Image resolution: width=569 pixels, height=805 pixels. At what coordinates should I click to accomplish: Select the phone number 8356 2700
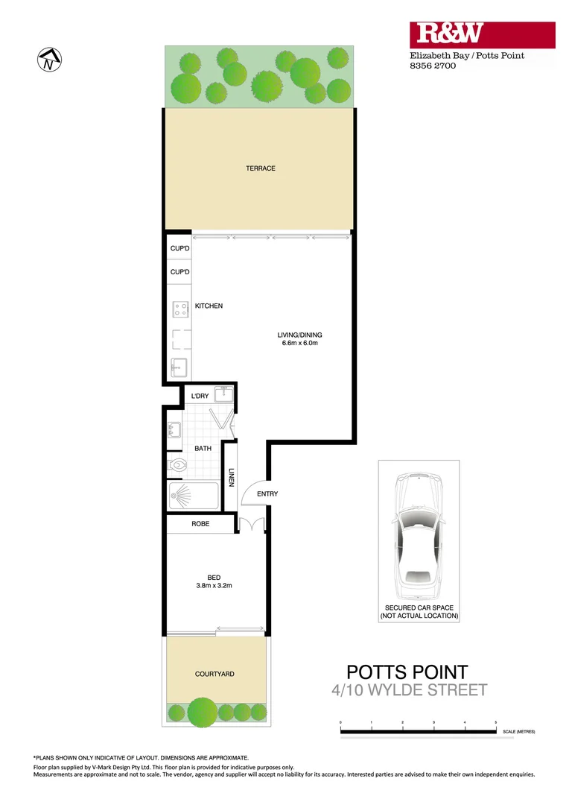click(x=433, y=66)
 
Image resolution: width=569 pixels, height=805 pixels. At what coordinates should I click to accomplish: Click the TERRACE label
click(x=261, y=168)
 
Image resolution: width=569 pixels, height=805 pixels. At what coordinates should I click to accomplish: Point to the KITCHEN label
click(x=209, y=306)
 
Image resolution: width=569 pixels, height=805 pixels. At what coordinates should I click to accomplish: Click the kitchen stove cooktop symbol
click(x=179, y=309)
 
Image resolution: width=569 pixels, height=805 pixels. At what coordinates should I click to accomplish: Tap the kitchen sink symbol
click(x=179, y=366)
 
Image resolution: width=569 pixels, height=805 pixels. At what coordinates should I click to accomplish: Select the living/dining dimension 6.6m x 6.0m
click(x=299, y=344)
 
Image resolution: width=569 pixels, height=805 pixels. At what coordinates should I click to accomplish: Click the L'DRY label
click(x=200, y=396)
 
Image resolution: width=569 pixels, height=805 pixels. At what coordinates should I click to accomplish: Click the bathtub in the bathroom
click(x=193, y=496)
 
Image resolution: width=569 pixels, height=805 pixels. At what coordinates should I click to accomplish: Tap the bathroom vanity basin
click(x=174, y=431)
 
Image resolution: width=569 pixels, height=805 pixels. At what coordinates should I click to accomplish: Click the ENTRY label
click(x=267, y=494)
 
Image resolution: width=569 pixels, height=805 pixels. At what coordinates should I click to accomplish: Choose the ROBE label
click(x=200, y=524)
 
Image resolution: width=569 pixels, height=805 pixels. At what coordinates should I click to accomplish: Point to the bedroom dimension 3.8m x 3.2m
click(x=214, y=585)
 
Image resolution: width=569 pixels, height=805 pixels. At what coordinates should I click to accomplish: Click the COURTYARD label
click(x=214, y=674)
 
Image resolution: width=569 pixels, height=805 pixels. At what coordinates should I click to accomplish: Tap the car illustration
click(x=418, y=532)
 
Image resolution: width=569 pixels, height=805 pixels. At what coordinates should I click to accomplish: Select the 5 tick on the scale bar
click(x=496, y=723)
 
